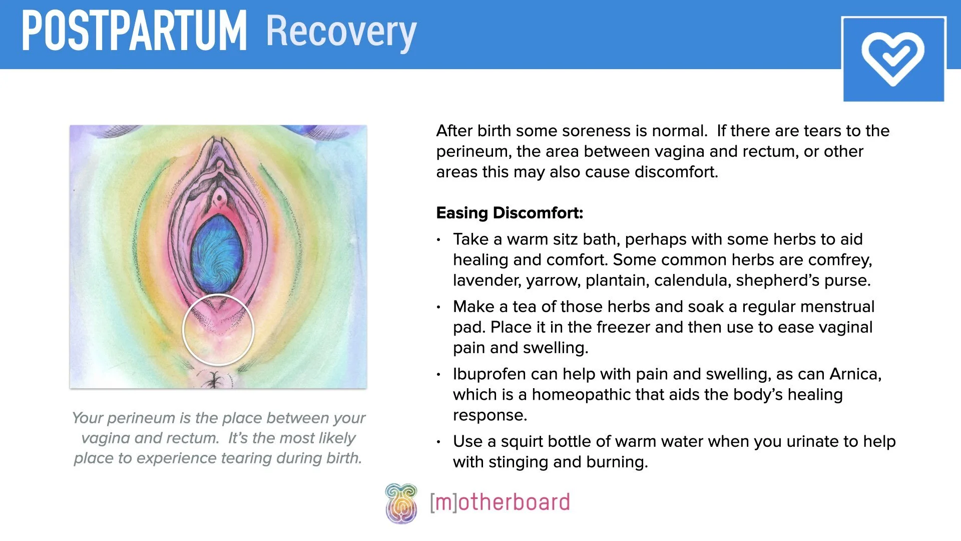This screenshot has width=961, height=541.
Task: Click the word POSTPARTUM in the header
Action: [x=134, y=31]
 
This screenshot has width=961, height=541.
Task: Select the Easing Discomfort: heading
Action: [x=510, y=213]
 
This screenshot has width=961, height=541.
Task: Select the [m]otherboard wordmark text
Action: [x=500, y=502]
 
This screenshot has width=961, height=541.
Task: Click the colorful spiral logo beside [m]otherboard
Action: [x=401, y=503]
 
